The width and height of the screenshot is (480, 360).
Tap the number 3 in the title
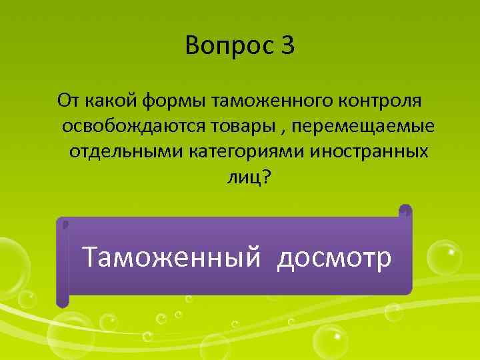click(x=287, y=46)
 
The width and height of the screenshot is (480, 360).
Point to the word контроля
click(x=381, y=101)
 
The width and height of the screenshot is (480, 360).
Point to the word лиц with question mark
click(x=250, y=177)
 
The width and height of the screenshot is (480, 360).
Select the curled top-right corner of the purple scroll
click(x=405, y=211)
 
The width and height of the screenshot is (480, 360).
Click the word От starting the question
click(x=69, y=101)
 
